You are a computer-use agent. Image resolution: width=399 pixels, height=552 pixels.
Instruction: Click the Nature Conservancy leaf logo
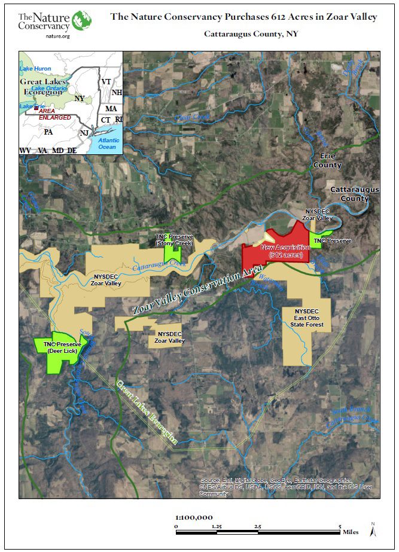[81, 21]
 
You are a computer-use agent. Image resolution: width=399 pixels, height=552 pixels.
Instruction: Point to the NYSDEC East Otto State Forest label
[309, 318]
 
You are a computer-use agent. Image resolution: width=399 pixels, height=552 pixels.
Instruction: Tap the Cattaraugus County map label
[355, 194]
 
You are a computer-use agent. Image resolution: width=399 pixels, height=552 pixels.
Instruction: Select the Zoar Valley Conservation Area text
[197, 294]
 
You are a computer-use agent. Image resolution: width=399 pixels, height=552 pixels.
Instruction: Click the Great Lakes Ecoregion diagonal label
[147, 412]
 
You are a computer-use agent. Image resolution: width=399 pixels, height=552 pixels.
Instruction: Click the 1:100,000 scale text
[194, 517]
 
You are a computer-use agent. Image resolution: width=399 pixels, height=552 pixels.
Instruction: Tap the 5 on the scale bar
[340, 526]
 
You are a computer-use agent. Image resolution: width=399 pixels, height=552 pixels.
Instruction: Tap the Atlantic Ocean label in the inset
[108, 144]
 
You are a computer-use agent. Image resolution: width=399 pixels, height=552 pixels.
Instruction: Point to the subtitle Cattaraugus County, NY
[251, 33]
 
